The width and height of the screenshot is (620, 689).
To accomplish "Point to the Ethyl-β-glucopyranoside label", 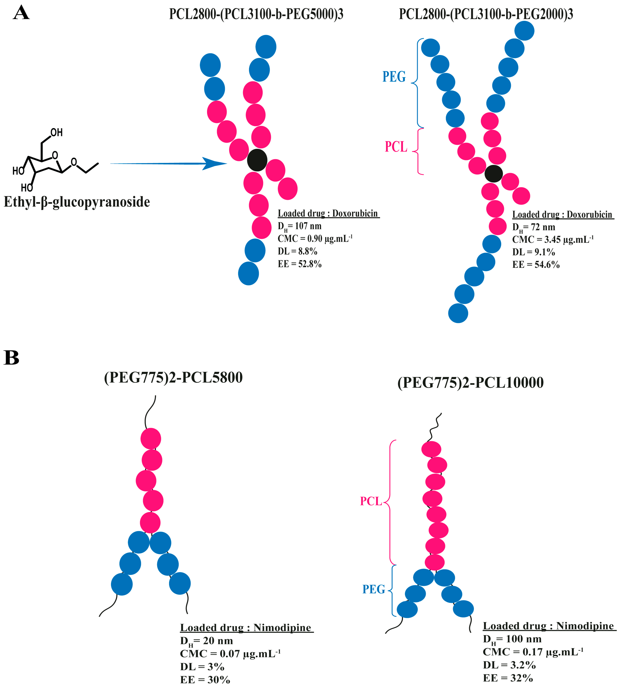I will click(77, 202).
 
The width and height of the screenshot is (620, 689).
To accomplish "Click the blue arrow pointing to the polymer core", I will click(169, 164).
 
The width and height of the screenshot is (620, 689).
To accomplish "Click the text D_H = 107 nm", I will click(300, 226).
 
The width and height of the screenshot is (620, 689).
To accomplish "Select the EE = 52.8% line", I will click(300, 264).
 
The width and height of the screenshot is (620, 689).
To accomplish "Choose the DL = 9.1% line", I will click(533, 252).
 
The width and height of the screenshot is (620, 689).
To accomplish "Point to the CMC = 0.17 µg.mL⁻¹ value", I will click(533, 652).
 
